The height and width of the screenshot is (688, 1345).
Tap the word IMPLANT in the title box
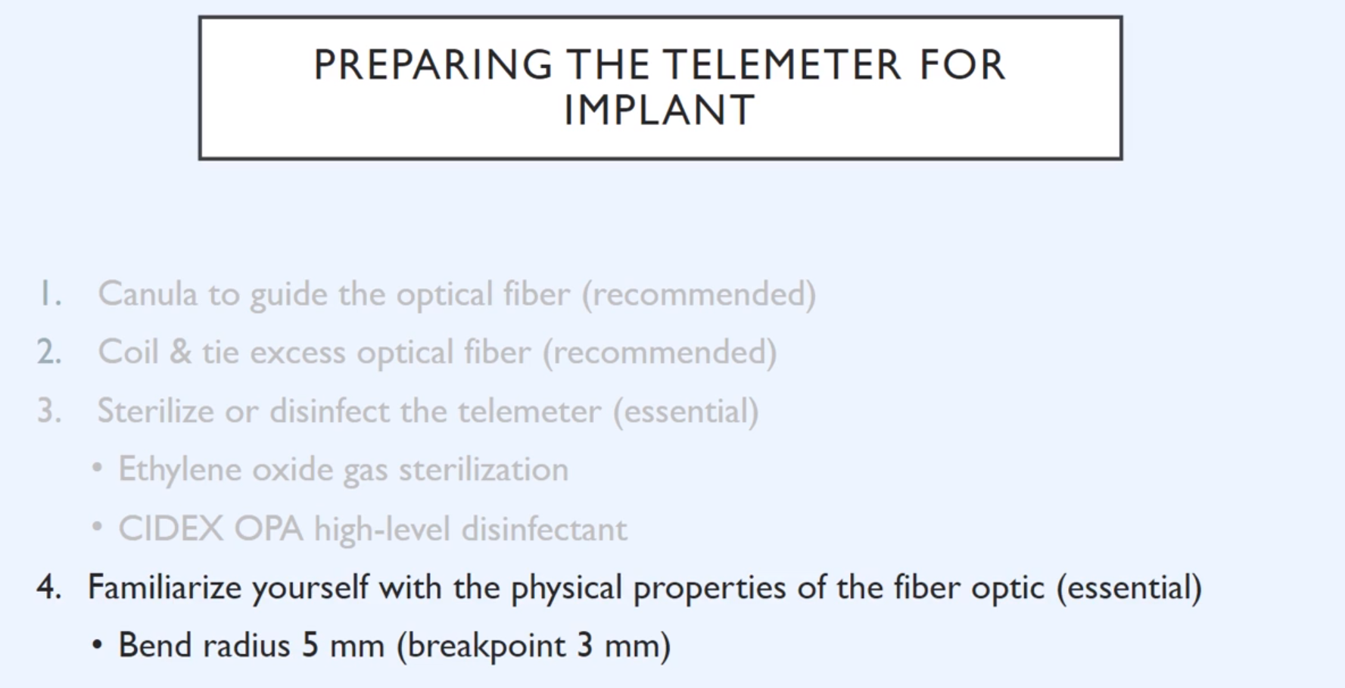pyautogui.click(x=659, y=111)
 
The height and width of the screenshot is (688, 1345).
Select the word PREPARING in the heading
pyautogui.click(x=433, y=64)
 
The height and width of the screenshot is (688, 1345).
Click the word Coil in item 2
pyautogui.click(x=128, y=352)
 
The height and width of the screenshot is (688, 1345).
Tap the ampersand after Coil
pyautogui.click(x=180, y=353)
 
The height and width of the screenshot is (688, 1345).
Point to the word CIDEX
pyautogui.click(x=170, y=529)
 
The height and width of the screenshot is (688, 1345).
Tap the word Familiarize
pyautogui.click(x=164, y=587)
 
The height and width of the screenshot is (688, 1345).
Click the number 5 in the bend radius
pyautogui.click(x=310, y=646)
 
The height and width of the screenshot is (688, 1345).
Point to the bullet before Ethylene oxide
pyautogui.click(x=97, y=469)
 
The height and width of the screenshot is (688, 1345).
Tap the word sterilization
pyautogui.click(x=484, y=470)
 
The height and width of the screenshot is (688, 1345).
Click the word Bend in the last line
pyautogui.click(x=155, y=646)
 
